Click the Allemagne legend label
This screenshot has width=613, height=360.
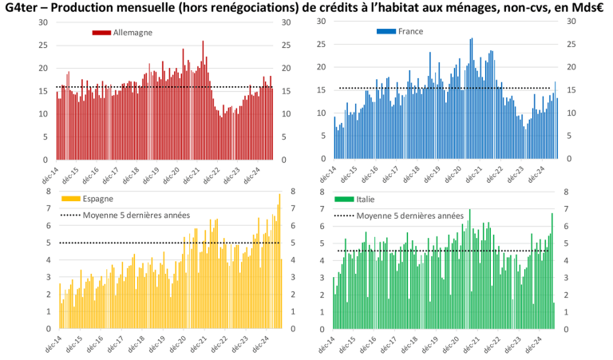[132, 33]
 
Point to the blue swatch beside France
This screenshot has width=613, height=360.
[386, 32]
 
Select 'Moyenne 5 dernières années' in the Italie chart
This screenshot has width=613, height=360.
[409, 216]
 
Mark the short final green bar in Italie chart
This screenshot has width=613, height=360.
[554, 315]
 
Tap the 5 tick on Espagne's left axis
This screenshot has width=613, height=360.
[46, 243]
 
